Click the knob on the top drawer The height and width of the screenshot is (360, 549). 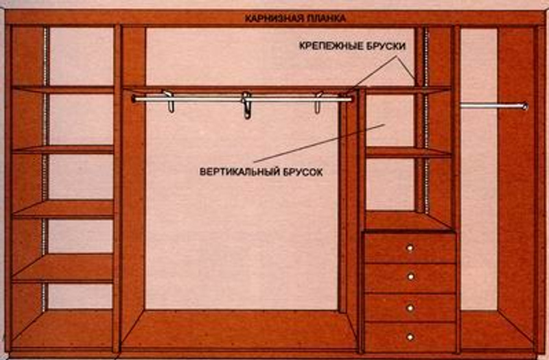pos(410,248)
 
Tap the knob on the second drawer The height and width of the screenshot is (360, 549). pos(411,277)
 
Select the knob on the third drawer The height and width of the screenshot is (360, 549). pos(410,308)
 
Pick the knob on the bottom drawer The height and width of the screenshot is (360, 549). pos(410,337)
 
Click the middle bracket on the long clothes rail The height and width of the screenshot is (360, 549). pos(247,105)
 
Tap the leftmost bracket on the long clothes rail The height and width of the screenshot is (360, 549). pos(169,101)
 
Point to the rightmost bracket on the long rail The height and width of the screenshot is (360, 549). pos(318,103)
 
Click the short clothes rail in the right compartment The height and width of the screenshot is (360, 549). pos(493,106)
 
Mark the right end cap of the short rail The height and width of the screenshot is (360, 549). pos(525,106)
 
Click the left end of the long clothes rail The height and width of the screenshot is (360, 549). pos(134,99)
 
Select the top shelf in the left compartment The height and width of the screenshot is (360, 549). pos(63,89)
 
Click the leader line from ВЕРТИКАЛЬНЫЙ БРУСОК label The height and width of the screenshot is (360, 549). pos(319,143)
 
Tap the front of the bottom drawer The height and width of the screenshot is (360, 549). pos(410,337)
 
